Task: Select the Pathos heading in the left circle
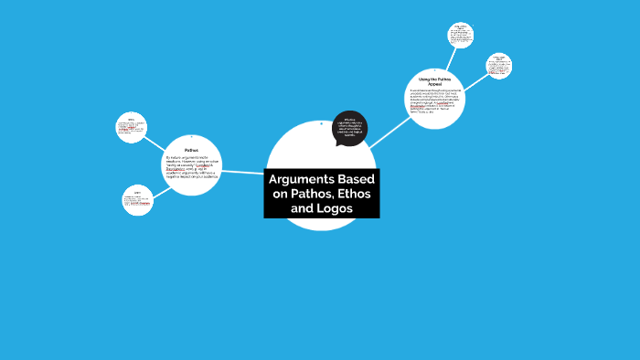[191, 150]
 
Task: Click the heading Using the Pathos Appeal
[435, 81]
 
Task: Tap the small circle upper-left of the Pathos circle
[132, 128]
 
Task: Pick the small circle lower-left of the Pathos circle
[137, 200]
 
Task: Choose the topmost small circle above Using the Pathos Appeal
[461, 36]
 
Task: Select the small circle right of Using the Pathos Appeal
[499, 66]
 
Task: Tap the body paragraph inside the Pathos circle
[191, 170]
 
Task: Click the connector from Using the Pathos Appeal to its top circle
[451, 58]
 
